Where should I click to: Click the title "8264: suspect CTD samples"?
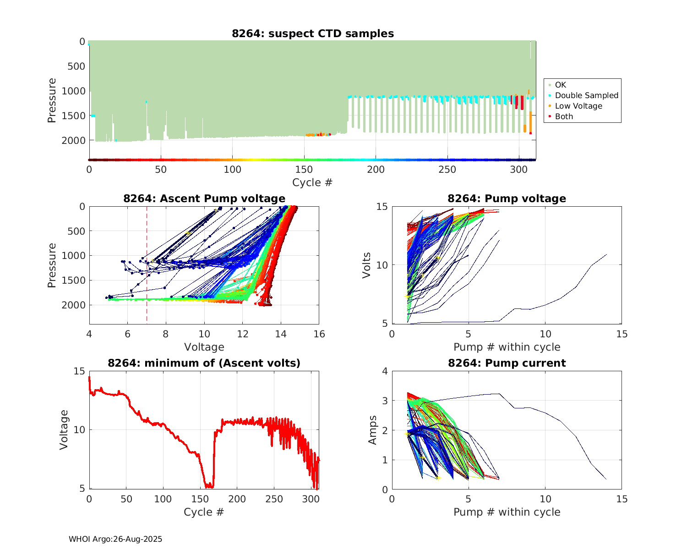[x=313, y=33]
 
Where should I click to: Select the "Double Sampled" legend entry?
[x=586, y=95]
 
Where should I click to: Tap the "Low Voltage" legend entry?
[x=578, y=106]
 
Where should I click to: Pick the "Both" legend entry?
[x=564, y=116]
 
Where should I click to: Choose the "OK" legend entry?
[x=560, y=85]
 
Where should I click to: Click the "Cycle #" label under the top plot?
[x=312, y=182]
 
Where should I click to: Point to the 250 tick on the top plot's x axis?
[x=447, y=170]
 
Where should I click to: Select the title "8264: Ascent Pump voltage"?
[x=204, y=198]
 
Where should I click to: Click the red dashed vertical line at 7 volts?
[x=147, y=275]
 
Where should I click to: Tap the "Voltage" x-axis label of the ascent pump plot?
[x=204, y=347]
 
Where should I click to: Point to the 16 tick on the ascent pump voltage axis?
[x=319, y=334]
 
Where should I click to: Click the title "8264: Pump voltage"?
[x=507, y=198]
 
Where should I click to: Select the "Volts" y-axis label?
[x=366, y=265]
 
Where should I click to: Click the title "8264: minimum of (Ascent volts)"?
[x=204, y=363]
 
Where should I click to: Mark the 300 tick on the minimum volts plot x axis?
[x=311, y=499]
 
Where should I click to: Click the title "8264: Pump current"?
[x=507, y=363]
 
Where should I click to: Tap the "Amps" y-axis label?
[x=372, y=430]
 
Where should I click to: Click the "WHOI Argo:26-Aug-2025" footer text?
[x=115, y=539]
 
